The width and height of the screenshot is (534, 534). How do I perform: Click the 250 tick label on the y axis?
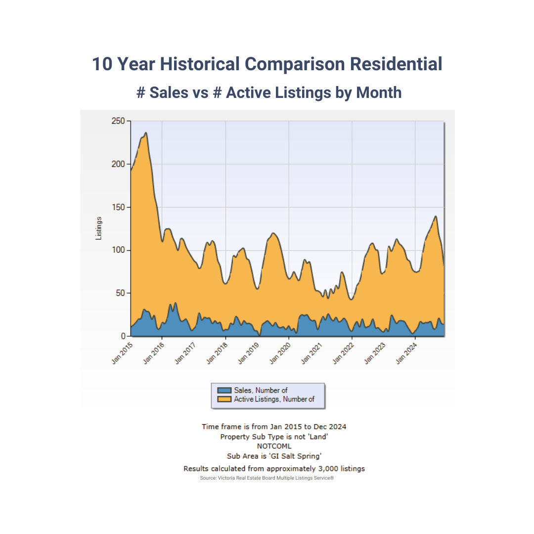(118, 121)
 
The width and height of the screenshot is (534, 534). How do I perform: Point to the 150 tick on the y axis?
(118, 207)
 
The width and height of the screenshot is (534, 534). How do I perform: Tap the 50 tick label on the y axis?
(120, 293)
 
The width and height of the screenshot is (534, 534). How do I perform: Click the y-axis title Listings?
(98, 228)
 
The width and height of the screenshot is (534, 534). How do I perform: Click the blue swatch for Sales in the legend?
(224, 391)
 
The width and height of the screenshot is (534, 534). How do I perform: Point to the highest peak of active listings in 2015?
(145, 133)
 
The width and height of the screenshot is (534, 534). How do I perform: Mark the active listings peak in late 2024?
(436, 216)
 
